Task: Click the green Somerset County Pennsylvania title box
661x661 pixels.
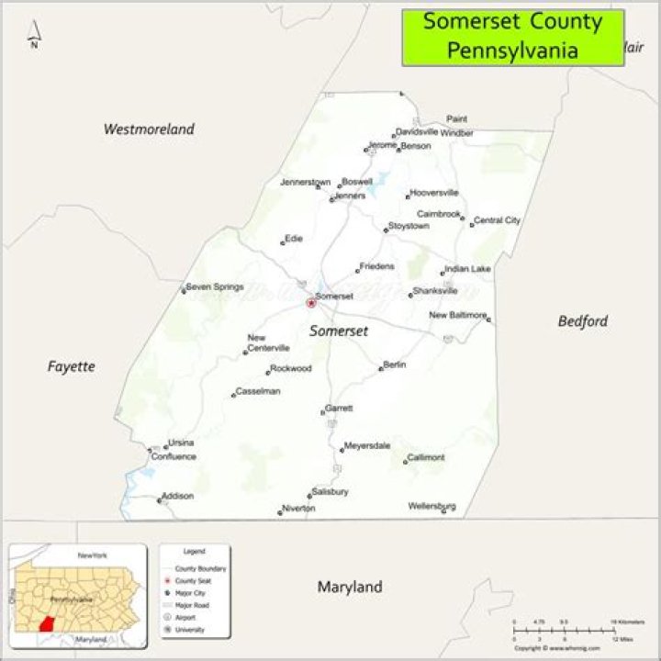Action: click(x=512, y=37)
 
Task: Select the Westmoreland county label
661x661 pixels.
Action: click(x=149, y=129)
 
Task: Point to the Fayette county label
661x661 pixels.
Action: click(x=71, y=366)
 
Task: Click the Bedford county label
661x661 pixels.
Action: click(x=582, y=321)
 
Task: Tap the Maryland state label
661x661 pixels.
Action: click(x=349, y=587)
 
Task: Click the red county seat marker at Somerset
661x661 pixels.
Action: click(x=310, y=302)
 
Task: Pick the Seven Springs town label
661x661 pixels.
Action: click(x=215, y=287)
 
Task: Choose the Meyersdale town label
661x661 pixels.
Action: click(x=367, y=446)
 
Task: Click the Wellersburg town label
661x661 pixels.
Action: click(x=431, y=506)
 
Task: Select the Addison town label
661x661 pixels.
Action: click(x=177, y=497)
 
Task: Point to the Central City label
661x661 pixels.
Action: click(x=497, y=220)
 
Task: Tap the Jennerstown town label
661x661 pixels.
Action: click(x=305, y=183)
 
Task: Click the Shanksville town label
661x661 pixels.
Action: click(x=435, y=291)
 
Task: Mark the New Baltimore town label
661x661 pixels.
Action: click(x=457, y=316)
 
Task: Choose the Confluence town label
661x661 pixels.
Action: click(x=174, y=456)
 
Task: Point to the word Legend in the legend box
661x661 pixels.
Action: click(x=194, y=551)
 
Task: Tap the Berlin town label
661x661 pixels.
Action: click(x=395, y=364)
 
